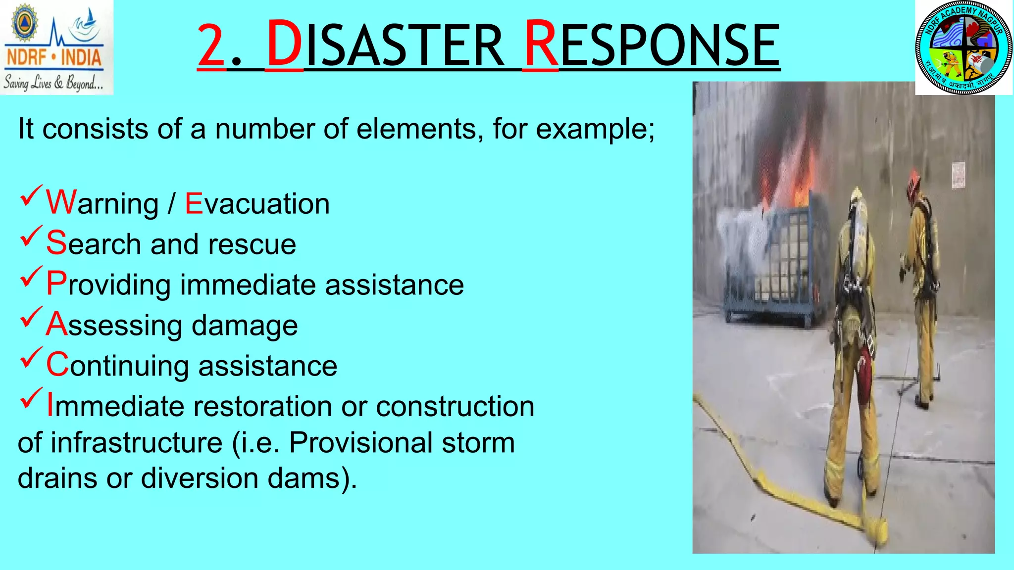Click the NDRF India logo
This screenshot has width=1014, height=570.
tap(56, 47)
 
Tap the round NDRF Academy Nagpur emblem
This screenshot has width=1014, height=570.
tap(963, 48)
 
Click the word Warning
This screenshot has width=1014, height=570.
tap(102, 203)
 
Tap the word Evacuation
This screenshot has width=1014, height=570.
tap(257, 204)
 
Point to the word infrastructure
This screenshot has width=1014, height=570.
tap(136, 442)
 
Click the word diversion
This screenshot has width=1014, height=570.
tap(200, 478)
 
